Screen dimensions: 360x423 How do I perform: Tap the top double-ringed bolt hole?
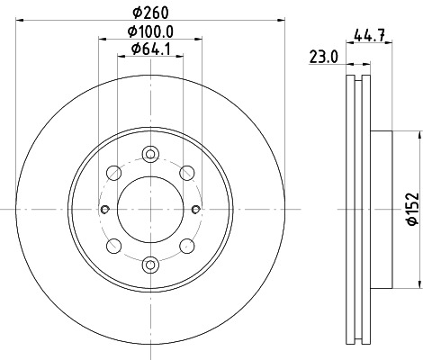click(x=150, y=156)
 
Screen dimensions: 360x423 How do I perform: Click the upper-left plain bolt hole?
click(x=113, y=173)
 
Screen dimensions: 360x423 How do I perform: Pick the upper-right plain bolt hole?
click(x=187, y=173)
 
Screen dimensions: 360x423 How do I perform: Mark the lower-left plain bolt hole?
click(x=113, y=246)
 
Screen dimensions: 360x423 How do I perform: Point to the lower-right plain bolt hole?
click(x=187, y=246)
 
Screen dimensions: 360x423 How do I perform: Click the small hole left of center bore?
click(x=106, y=210)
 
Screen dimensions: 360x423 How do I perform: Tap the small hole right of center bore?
click(x=194, y=210)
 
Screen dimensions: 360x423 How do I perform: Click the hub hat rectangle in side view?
click(x=382, y=209)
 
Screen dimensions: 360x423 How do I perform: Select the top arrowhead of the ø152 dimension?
click(x=419, y=136)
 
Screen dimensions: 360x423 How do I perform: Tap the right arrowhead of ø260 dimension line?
click(x=281, y=21)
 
